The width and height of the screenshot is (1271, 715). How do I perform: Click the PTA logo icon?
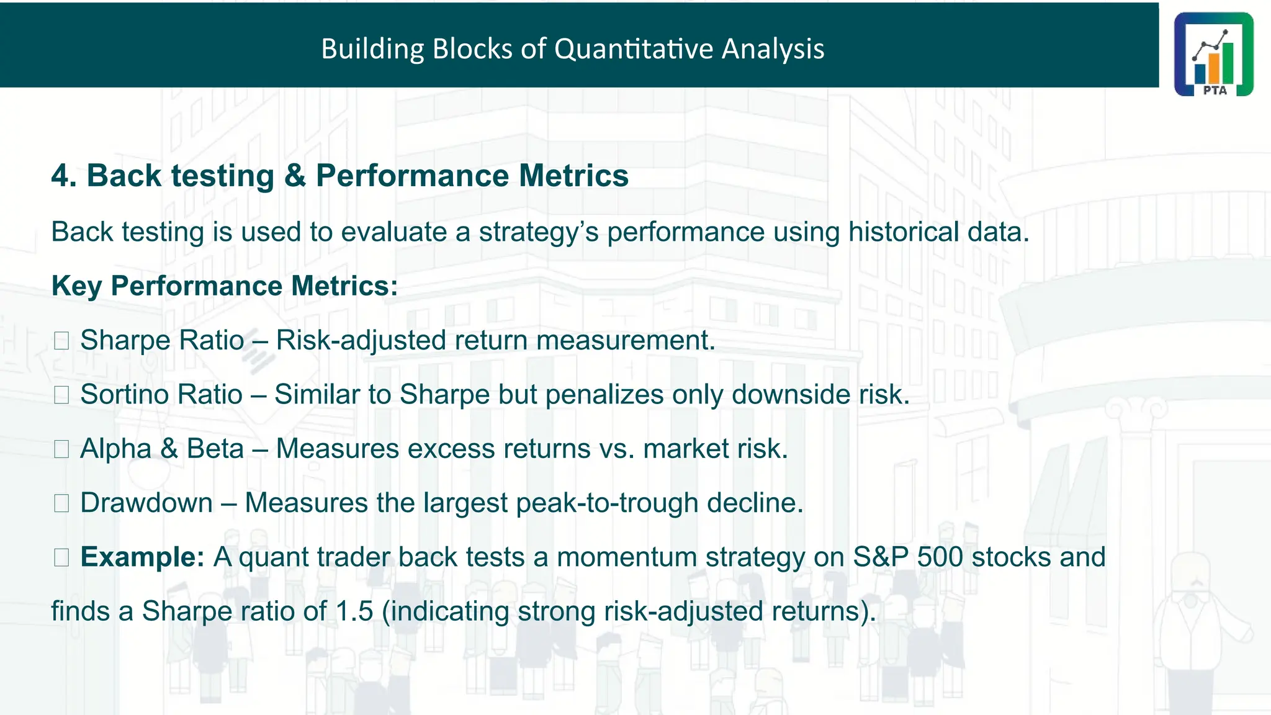1213,54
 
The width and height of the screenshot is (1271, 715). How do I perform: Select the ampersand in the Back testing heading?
295,176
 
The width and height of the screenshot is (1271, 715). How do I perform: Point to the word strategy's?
538,232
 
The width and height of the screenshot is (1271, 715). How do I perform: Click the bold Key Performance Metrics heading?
224,286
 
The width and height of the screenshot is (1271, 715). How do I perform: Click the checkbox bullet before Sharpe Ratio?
61,341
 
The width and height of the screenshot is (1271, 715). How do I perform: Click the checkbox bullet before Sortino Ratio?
61,395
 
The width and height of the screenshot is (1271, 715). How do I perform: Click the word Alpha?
115,449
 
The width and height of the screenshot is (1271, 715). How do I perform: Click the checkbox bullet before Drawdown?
61,503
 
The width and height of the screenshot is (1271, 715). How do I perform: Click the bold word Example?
142,557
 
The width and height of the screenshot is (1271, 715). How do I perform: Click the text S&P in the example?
880,557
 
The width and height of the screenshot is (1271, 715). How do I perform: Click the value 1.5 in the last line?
354,611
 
